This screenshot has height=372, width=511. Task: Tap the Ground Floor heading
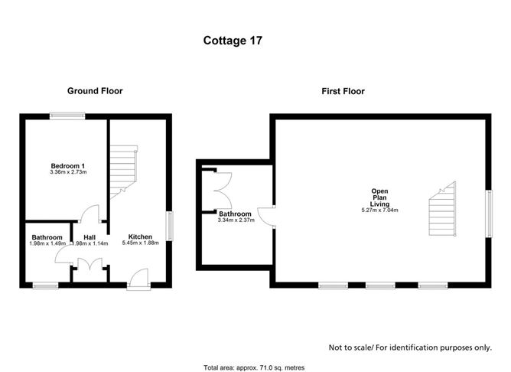pos(95,91)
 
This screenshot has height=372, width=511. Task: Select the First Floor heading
pos(342,91)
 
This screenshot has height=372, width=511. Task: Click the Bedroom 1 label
pos(67,166)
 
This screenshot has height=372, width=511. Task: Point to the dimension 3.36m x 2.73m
pos(67,173)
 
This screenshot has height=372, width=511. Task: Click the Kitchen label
pos(140,237)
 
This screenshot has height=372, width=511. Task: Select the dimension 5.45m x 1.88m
pos(140,243)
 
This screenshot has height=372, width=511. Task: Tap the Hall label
pos(90,237)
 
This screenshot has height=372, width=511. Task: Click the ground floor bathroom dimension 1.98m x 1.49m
pos(47,244)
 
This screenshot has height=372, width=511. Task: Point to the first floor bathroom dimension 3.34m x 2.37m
pos(234,220)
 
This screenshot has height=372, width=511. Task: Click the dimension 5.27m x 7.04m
pos(380,210)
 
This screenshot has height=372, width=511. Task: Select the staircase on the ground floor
pos(122,173)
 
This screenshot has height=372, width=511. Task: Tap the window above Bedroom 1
pos(68,116)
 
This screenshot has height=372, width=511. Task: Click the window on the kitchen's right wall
pos(169,226)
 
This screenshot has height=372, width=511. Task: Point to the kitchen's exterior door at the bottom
pos(139,280)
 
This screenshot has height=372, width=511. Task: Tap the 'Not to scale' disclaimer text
pos(409,347)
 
